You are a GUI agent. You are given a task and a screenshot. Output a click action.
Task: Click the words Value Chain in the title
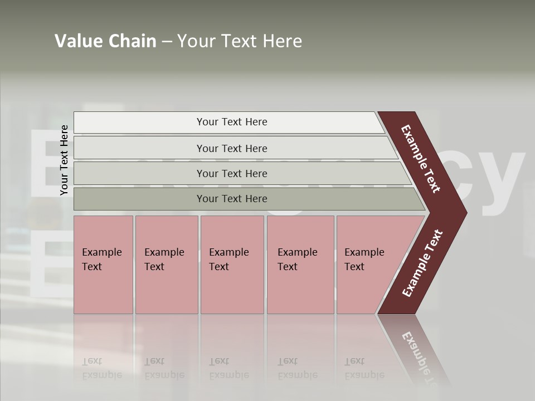tap(105, 41)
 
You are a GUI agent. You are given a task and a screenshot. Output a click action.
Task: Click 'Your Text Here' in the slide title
tap(240, 41)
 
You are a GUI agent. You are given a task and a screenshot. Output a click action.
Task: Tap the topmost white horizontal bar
tap(228, 122)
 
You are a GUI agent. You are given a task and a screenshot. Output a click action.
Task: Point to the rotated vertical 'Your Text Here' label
tap(64, 160)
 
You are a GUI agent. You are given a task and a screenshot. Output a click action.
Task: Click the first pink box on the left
tap(103, 265)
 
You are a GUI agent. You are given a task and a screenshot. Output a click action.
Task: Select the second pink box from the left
tap(166, 265)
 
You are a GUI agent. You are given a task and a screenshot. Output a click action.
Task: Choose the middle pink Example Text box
tap(232, 265)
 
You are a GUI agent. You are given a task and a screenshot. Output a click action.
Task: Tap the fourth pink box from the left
tap(300, 265)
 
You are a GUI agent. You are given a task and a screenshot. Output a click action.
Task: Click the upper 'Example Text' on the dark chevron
tap(421, 159)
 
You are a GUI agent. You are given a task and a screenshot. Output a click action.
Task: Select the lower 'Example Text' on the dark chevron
tap(422, 263)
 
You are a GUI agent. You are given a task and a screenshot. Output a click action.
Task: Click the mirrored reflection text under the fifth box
tap(364, 368)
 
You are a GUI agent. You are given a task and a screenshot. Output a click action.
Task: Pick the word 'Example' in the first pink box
tap(101, 252)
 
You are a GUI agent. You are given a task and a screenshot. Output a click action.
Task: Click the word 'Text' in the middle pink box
tap(219, 267)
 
